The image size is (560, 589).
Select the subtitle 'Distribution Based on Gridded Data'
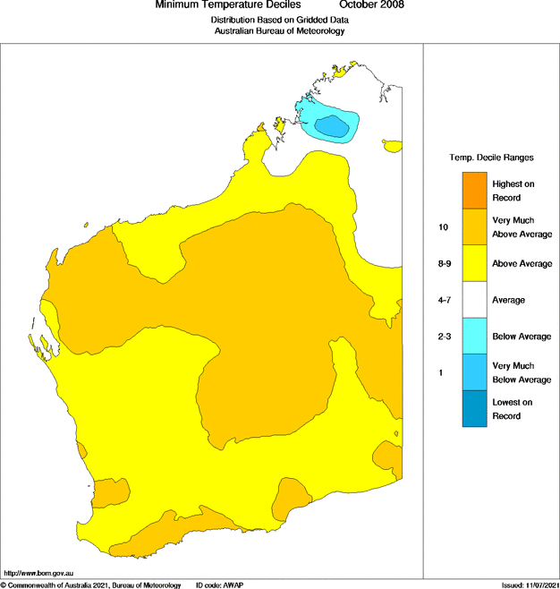point(279,19)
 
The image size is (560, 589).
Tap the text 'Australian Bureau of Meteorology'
point(279,30)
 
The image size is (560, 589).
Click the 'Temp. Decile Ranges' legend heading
point(491,158)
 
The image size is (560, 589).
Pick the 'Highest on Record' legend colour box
point(474,191)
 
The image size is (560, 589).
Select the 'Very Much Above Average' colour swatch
point(474,227)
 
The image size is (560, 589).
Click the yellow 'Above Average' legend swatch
point(474,264)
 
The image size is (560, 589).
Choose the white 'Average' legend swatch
point(474,300)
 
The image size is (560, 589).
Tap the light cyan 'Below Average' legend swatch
point(474,337)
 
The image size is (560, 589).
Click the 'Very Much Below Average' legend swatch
point(474,372)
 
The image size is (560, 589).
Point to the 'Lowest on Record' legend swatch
point(474,409)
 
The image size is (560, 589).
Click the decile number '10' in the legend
point(443,227)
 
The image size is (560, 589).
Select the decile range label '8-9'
point(443,264)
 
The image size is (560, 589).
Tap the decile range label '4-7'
point(443,300)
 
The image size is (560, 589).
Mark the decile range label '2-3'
point(443,337)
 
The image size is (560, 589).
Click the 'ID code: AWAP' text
point(219,585)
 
